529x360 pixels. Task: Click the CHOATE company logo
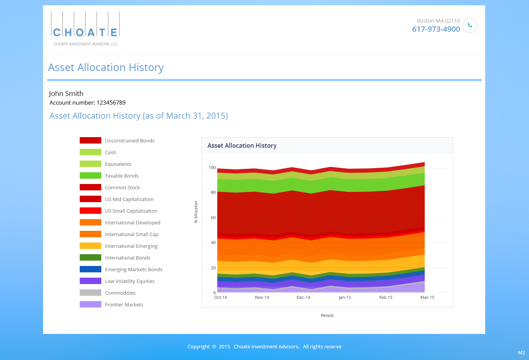click(85, 29)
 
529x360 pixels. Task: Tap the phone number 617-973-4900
click(436, 29)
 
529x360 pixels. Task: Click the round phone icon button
click(470, 25)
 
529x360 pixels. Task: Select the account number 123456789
click(111, 103)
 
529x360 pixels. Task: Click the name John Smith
click(66, 93)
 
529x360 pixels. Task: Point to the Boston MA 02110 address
click(438, 21)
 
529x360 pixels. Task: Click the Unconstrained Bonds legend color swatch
click(90, 141)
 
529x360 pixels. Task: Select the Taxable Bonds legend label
click(122, 176)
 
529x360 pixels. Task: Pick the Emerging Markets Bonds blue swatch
click(90, 269)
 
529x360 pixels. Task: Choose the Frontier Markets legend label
click(124, 304)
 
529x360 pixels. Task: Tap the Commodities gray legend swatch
click(90, 293)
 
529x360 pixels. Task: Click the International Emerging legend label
click(131, 246)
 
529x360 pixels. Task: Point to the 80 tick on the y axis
click(213, 192)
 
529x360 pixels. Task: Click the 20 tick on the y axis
click(213, 268)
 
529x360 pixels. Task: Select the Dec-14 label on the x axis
click(303, 297)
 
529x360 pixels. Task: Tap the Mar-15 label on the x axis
click(427, 297)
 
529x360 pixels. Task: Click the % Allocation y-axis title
click(196, 212)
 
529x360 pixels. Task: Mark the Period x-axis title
click(327, 315)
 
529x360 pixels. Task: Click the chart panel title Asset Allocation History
click(242, 145)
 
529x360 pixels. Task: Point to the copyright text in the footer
click(264, 346)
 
